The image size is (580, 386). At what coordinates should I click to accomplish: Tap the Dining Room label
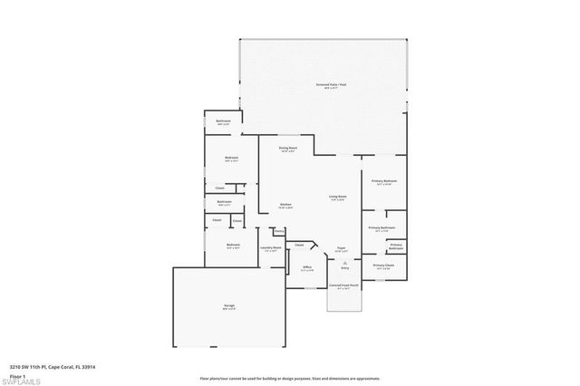pyautogui.click(x=288, y=149)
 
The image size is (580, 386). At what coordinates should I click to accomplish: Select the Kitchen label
pyautogui.click(x=285, y=205)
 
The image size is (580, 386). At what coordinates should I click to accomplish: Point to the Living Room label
pyautogui.click(x=338, y=197)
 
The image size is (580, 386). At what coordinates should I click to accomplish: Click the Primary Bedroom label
pyautogui.click(x=384, y=182)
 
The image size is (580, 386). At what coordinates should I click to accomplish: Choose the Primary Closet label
pyautogui.click(x=383, y=265)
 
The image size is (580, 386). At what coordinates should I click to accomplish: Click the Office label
pyautogui.click(x=307, y=268)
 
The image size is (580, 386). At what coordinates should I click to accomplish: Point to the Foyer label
pyautogui.click(x=343, y=247)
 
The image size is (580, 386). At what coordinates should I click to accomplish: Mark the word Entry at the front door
pyautogui.click(x=344, y=268)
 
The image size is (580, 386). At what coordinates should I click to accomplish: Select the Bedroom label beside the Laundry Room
pyautogui.click(x=233, y=246)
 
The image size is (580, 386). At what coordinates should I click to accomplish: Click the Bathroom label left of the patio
pyautogui.click(x=223, y=121)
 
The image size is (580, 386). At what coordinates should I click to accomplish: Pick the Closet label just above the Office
pyautogui.click(x=298, y=245)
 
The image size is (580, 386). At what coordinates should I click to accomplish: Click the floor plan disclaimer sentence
pyautogui.click(x=290, y=376)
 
